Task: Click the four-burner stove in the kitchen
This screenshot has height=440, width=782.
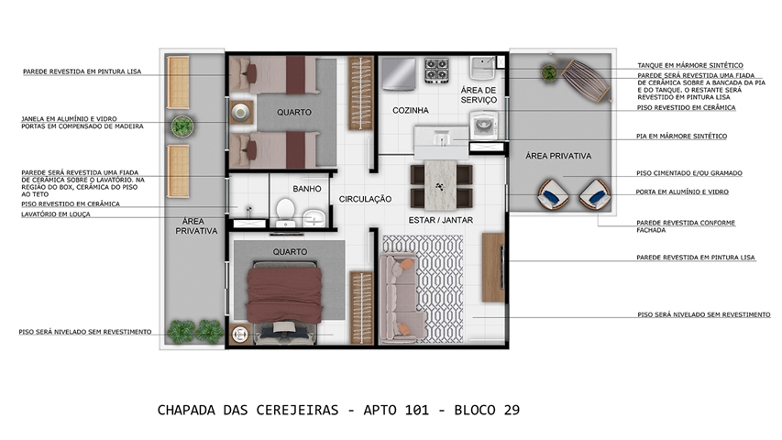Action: [437, 71]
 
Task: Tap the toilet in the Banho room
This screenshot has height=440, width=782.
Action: [286, 213]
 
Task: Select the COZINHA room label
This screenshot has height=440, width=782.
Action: [411, 110]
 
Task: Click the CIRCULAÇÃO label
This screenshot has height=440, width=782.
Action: [365, 199]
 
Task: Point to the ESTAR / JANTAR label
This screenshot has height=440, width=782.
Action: [441, 220]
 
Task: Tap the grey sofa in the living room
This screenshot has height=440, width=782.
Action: [402, 298]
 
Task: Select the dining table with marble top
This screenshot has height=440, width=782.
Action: [441, 185]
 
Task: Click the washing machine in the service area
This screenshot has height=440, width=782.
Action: [484, 126]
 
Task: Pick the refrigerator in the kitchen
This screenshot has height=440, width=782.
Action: [399, 75]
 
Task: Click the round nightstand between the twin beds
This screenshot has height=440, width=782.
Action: [241, 113]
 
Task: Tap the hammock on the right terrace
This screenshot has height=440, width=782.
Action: [586, 81]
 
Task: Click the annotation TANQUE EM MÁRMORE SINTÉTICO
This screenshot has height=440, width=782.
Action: [690, 65]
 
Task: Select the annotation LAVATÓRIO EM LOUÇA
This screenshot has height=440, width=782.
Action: [56, 214]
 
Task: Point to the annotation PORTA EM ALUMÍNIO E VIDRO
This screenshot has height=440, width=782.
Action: [682, 192]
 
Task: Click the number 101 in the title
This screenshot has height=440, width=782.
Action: [416, 410]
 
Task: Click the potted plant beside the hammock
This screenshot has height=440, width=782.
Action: [549, 72]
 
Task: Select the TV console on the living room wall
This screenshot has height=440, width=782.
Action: [493, 268]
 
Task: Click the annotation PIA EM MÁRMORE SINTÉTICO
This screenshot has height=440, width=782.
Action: [682, 137]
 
